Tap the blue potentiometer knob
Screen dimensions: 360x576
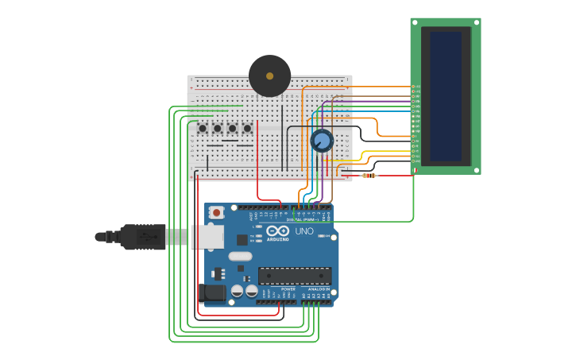point(322,141)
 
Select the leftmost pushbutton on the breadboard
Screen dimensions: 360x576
point(203,128)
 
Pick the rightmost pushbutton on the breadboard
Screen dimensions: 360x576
point(247,128)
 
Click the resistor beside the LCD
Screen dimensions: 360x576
point(369,176)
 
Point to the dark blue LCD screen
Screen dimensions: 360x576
point(446,96)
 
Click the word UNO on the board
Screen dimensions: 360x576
point(304,231)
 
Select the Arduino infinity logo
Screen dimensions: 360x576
point(278,230)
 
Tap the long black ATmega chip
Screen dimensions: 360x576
point(295,276)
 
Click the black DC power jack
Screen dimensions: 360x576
point(214,293)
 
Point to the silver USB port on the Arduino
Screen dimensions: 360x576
point(207,236)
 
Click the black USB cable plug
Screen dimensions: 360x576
point(143,237)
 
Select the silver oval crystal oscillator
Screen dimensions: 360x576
point(240,256)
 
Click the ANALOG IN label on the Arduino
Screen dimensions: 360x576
point(319,289)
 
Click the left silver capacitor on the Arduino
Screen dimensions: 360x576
point(237,292)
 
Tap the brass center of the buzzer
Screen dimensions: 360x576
point(269,75)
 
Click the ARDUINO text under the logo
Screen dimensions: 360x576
point(278,238)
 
